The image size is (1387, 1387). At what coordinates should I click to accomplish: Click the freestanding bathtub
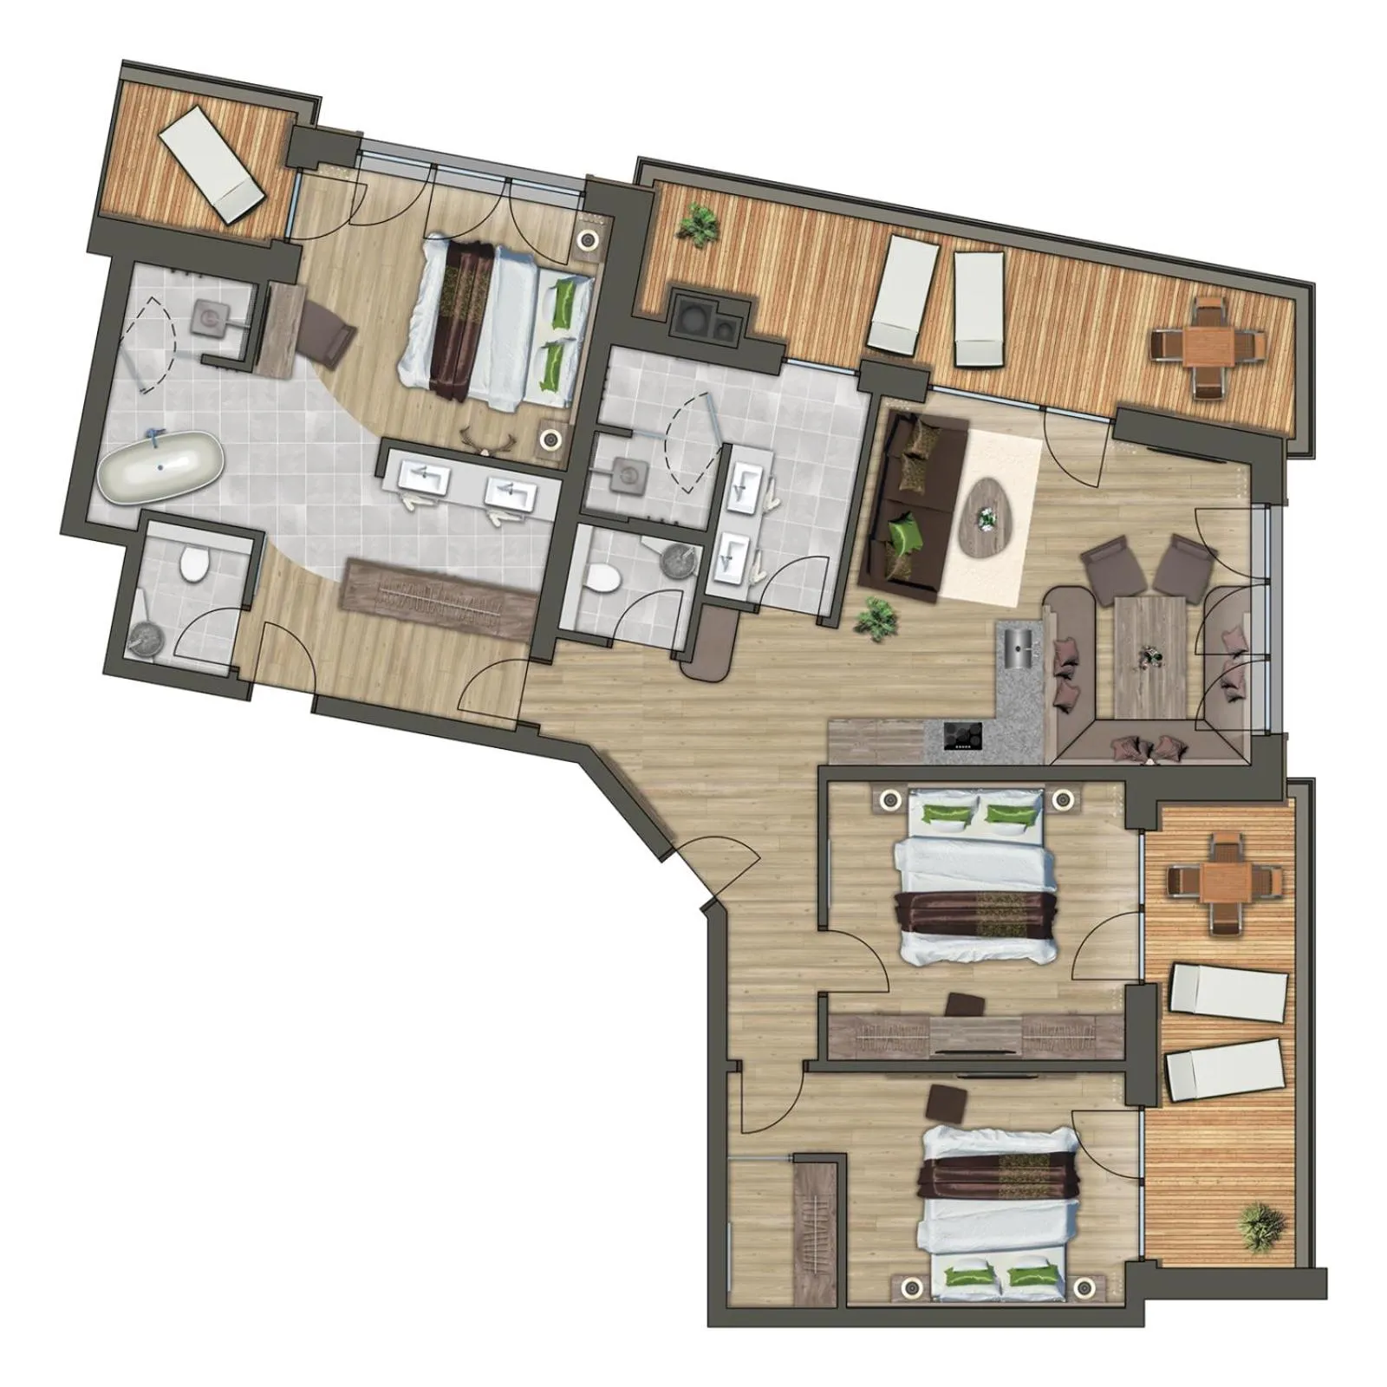[x=160, y=466]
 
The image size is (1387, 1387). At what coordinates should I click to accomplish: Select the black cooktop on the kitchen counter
[x=963, y=735]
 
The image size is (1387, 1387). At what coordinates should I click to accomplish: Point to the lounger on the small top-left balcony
[x=212, y=166]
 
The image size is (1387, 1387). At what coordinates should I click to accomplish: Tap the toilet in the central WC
[x=602, y=577]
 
